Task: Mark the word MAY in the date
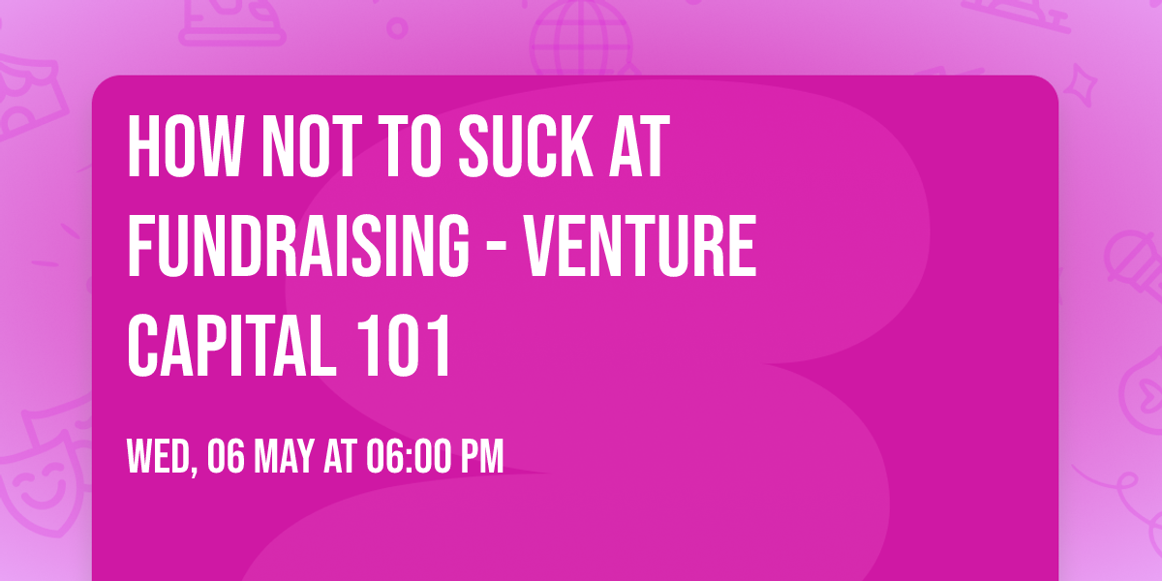(x=284, y=455)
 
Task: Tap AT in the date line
(x=340, y=455)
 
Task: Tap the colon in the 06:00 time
(x=407, y=455)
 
